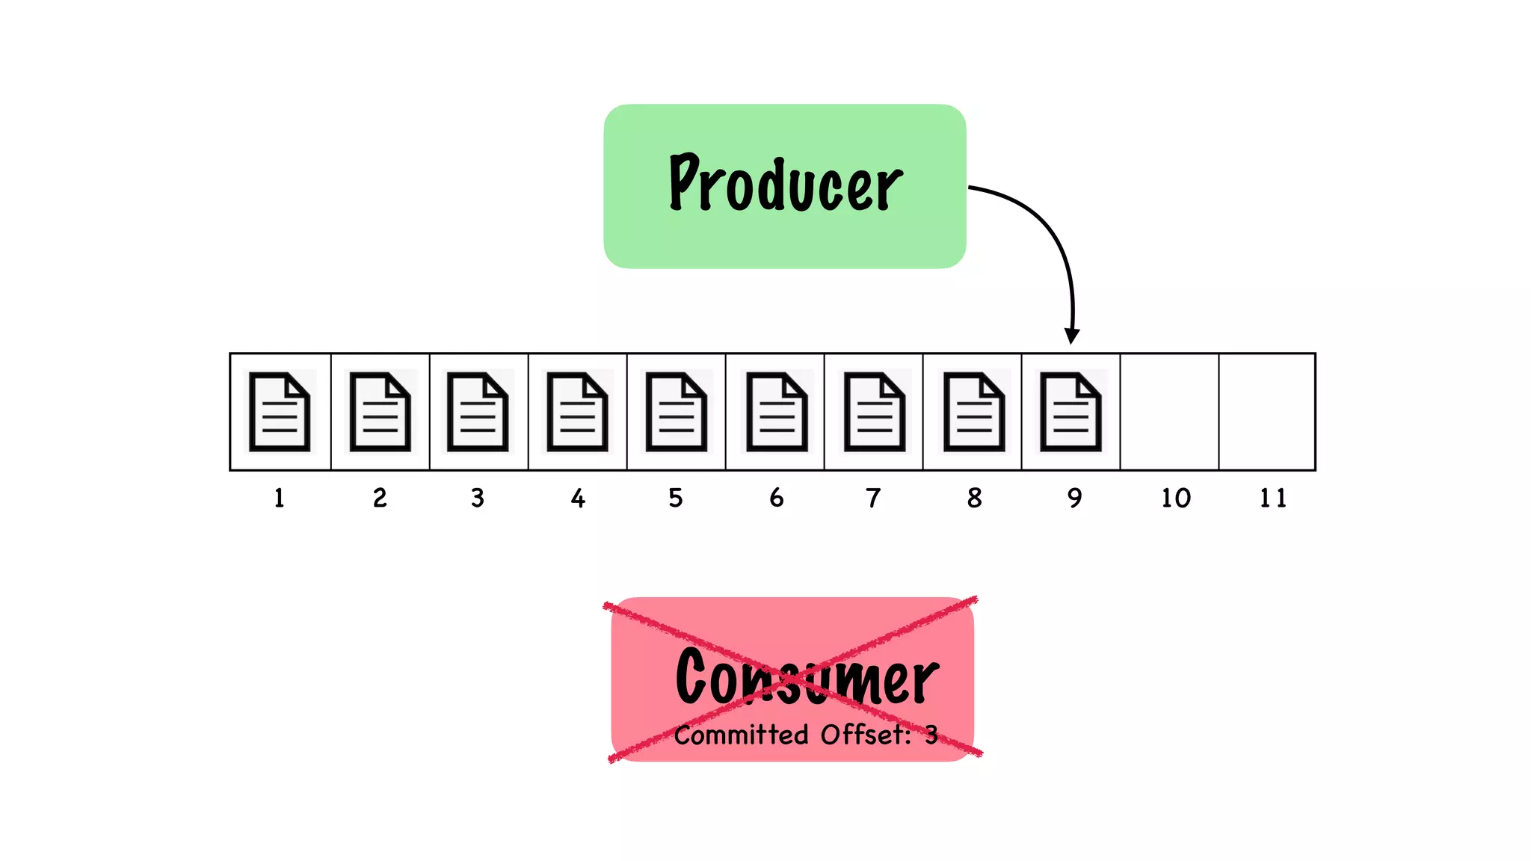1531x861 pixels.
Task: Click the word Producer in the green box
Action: tap(785, 183)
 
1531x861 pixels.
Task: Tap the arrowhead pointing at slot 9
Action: tap(1072, 336)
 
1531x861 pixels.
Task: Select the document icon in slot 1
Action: tap(280, 412)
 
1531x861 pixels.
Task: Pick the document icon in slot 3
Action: tap(478, 412)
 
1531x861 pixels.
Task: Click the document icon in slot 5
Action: tap(676, 412)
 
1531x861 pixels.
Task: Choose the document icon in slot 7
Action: tap(874, 412)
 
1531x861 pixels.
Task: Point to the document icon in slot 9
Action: tap(1071, 412)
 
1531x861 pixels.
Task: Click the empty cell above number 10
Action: tap(1169, 412)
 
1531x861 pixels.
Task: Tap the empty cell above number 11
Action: tap(1267, 412)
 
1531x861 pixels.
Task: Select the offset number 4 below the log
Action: tap(578, 499)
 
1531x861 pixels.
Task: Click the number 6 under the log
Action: tap(777, 498)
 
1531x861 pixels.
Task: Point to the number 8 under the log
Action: tap(974, 498)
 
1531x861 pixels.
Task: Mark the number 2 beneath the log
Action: tap(380, 498)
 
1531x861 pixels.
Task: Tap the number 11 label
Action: tap(1272, 498)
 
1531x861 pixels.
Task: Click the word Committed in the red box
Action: tap(741, 735)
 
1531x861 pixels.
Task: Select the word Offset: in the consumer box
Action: tap(866, 735)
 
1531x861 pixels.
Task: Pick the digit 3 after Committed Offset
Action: tap(931, 735)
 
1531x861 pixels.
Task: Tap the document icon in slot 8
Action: tap(973, 412)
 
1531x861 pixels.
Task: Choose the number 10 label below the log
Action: tap(1175, 498)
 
